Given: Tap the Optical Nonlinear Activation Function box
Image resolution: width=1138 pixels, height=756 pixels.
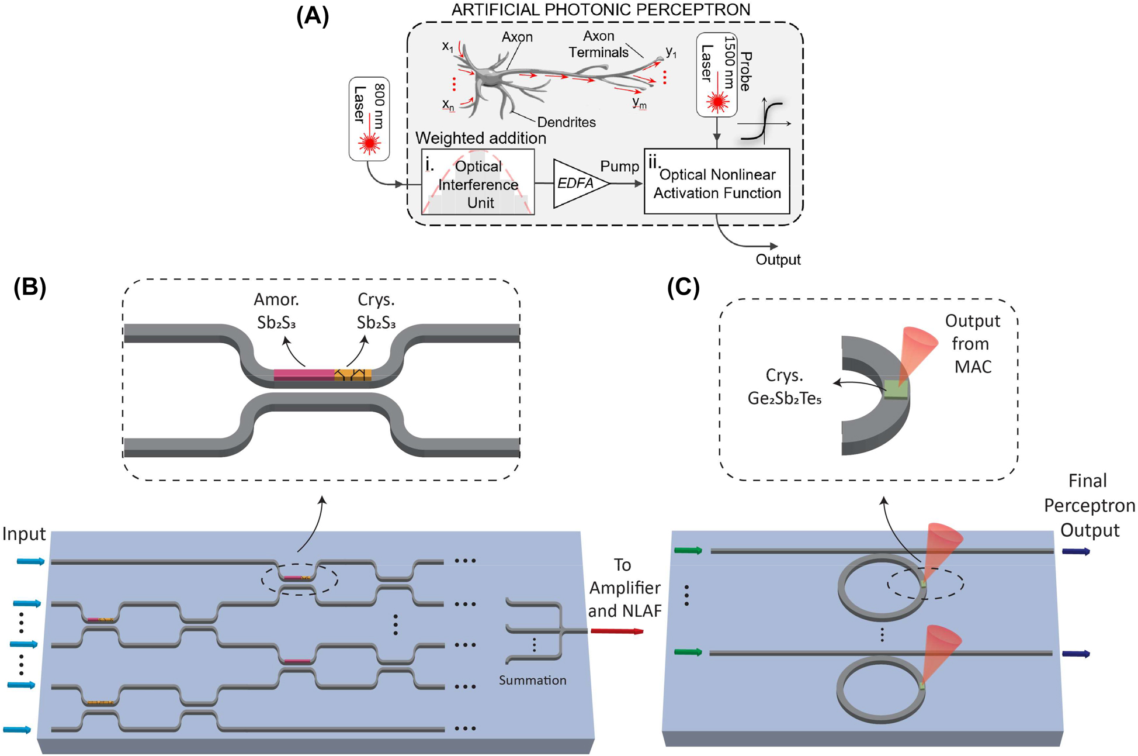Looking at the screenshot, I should point(717,182).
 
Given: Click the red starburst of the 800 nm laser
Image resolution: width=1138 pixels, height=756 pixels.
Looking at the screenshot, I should point(369,143).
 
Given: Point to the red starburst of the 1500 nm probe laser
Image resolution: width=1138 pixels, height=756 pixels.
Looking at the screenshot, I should point(717,102).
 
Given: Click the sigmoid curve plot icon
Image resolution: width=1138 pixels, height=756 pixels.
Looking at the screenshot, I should point(764,122).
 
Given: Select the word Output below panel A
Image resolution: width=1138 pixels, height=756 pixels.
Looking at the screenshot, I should point(778,260).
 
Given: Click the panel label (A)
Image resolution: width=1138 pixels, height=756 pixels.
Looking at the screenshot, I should point(313,16).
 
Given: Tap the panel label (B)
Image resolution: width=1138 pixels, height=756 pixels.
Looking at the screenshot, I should point(29,287).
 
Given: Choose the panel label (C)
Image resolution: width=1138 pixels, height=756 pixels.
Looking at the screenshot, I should point(683,287).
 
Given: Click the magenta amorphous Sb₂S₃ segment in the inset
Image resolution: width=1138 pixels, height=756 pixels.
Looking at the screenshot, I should point(304,375).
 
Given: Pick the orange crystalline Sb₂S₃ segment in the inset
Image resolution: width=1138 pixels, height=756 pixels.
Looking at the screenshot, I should point(353,375).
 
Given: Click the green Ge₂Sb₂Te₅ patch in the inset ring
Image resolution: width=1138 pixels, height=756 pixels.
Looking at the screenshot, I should point(896,389).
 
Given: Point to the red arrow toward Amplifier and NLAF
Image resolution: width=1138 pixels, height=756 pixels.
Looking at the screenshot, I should point(617,631).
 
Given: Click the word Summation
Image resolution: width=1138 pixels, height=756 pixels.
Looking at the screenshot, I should point(532,680).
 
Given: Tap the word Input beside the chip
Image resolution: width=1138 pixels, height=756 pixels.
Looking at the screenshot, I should point(24,533).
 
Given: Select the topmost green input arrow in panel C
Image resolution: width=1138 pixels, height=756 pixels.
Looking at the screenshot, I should point(688,550).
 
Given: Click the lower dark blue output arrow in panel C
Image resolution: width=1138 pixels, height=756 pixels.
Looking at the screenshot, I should point(1075,654).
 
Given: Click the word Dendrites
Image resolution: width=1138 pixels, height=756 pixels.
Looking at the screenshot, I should point(566,122).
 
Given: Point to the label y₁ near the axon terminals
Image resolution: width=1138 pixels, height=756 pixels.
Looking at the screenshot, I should point(671,53).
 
